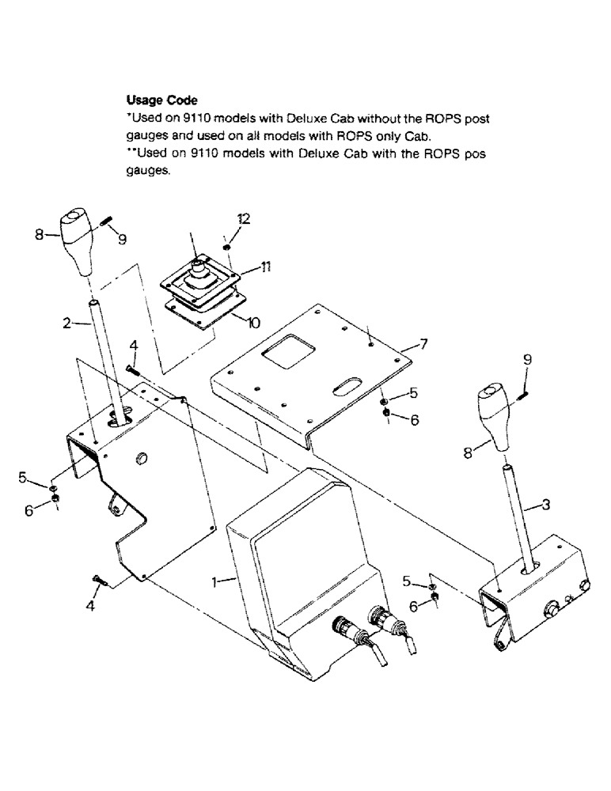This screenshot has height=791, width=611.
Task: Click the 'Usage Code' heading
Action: [161, 100]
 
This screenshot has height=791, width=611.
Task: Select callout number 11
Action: [261, 268]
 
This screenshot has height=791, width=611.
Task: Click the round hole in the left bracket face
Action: [142, 459]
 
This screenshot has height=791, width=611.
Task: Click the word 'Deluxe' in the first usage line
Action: [320, 119]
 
